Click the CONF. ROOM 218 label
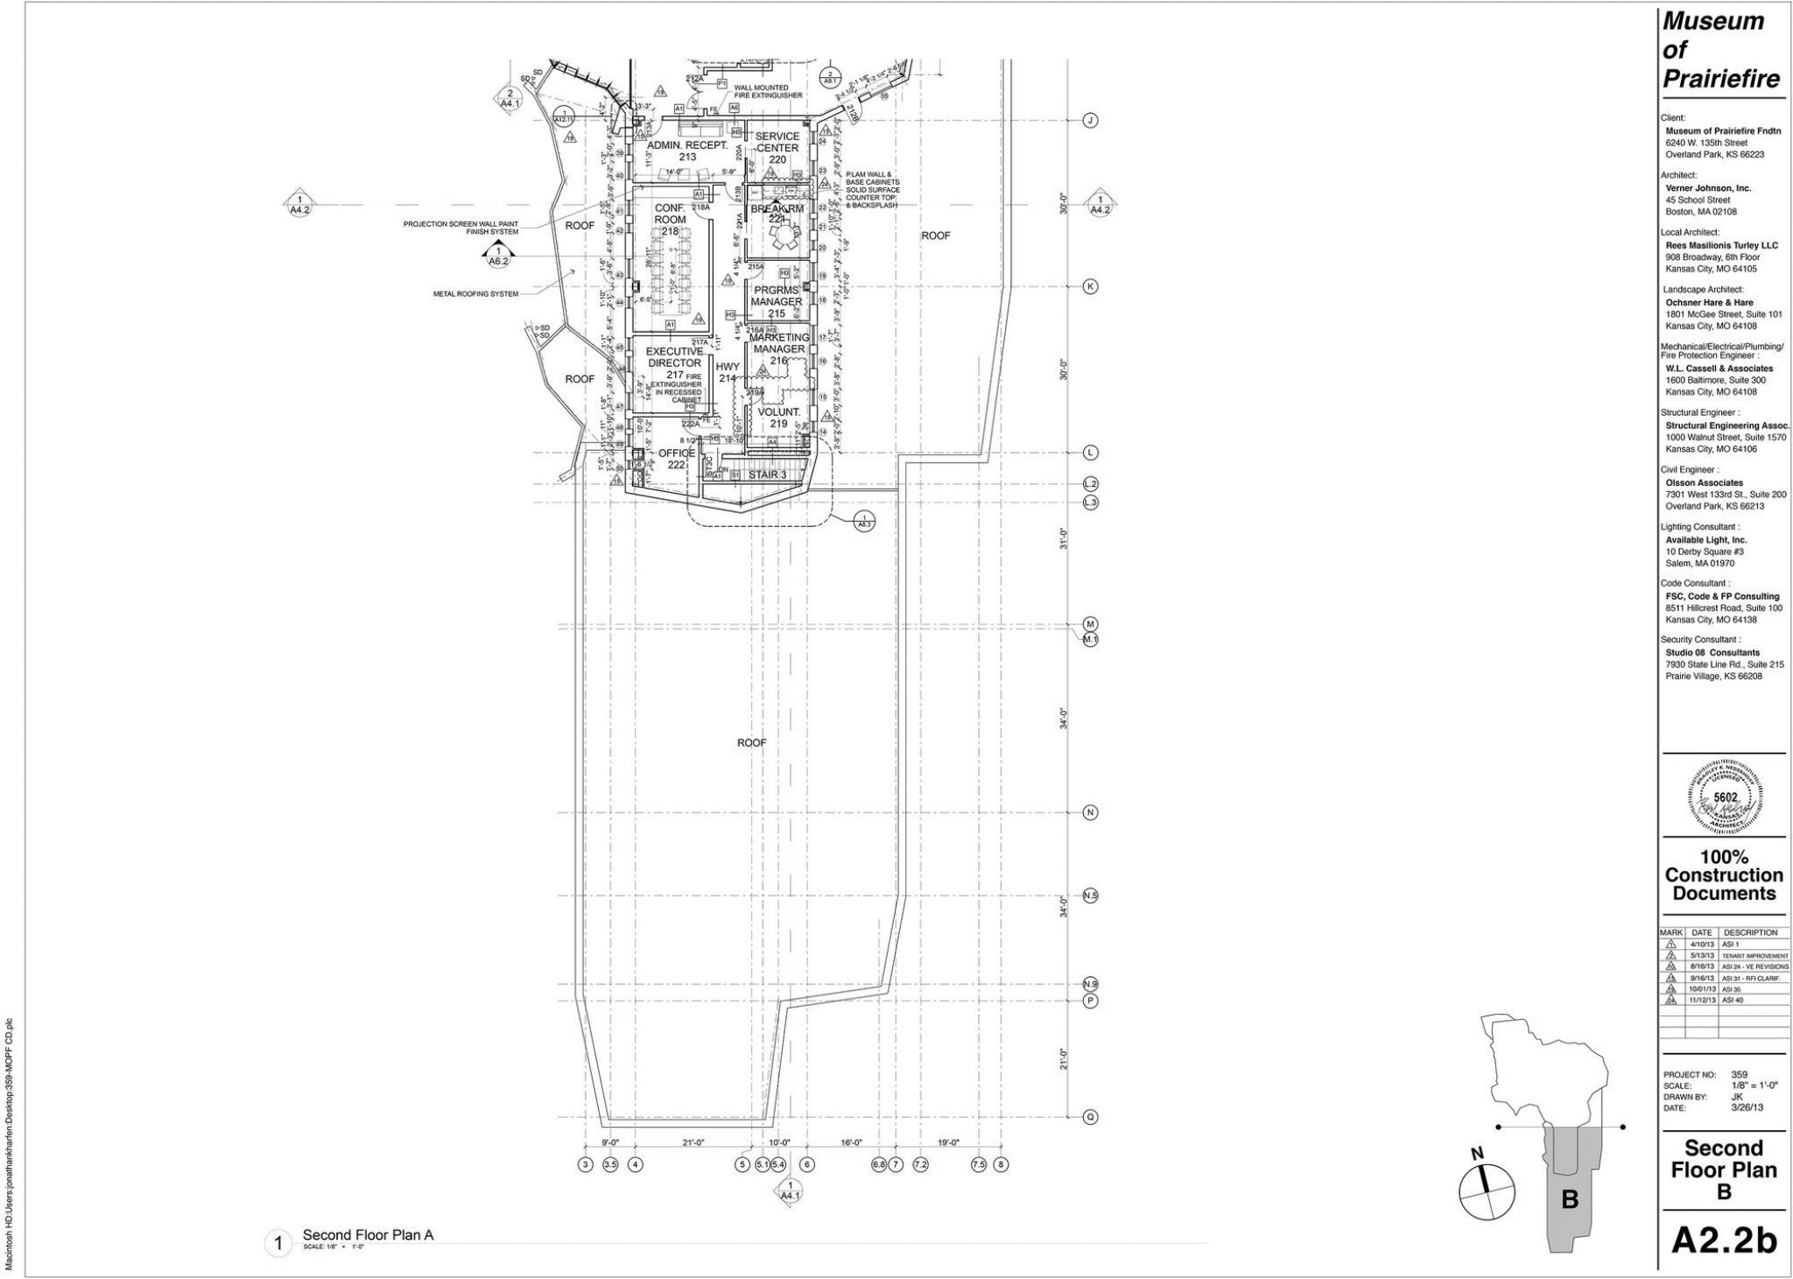click(670, 219)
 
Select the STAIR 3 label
click(766, 474)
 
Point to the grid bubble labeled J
click(1091, 120)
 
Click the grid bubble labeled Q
click(1091, 1117)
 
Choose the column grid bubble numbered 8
click(1001, 1165)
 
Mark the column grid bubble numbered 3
click(585, 1165)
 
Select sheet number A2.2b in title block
click(1724, 1240)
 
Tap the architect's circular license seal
click(1725, 798)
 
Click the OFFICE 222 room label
click(677, 459)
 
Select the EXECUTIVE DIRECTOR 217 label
click(674, 362)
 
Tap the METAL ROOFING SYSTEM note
click(476, 294)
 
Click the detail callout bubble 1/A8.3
click(863, 520)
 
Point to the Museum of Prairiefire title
click(1720, 51)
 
